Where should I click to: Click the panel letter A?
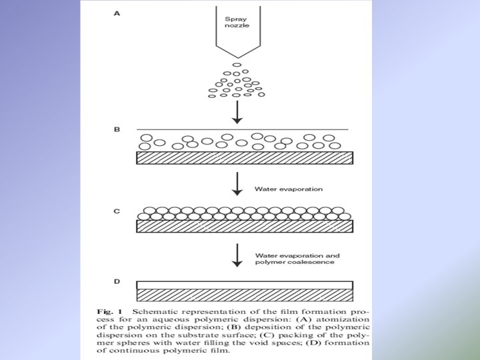click(x=118, y=11)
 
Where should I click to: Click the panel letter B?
click(x=118, y=129)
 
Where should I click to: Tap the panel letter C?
click(x=117, y=211)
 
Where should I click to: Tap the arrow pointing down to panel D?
click(x=237, y=255)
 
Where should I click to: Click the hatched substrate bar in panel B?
click(x=245, y=158)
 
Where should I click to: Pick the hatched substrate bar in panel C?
click(x=245, y=226)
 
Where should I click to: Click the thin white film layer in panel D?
click(x=245, y=285)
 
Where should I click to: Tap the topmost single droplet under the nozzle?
click(x=237, y=65)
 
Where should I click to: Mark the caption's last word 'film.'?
click(x=218, y=349)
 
